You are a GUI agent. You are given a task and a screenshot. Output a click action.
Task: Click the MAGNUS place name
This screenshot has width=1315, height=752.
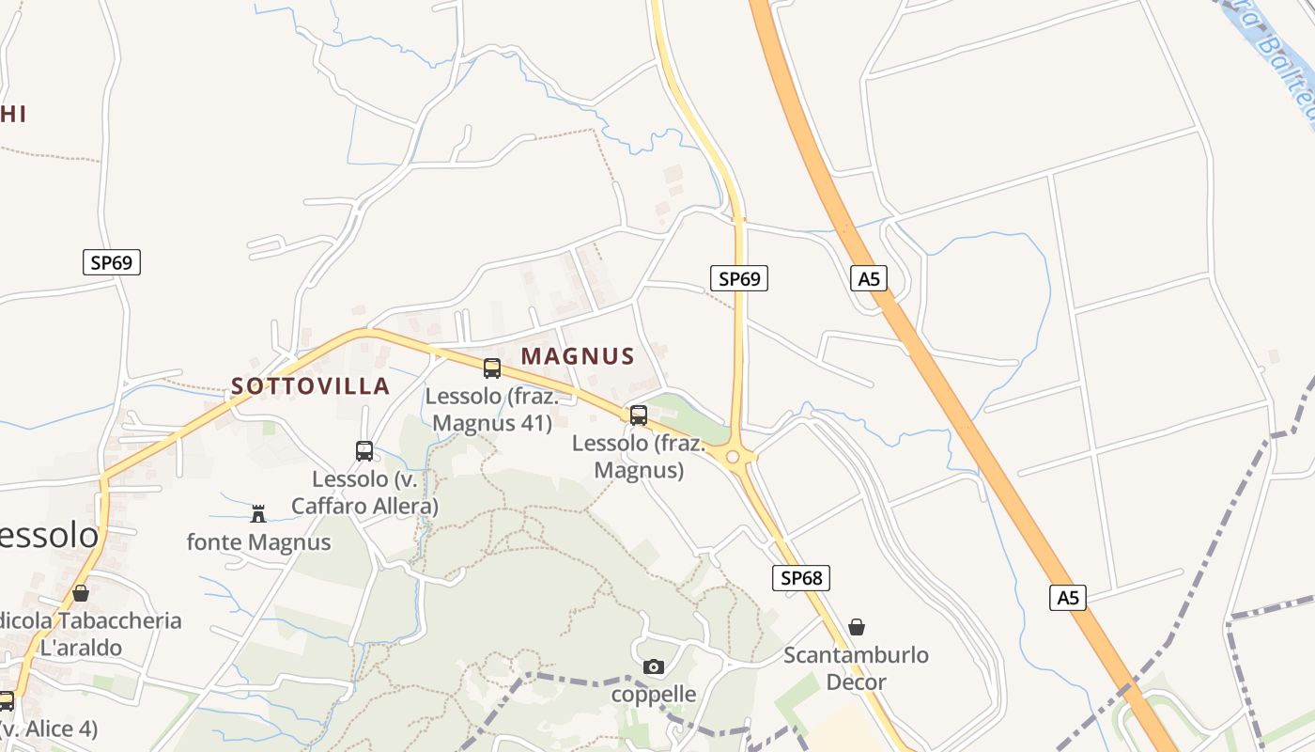pos(578,357)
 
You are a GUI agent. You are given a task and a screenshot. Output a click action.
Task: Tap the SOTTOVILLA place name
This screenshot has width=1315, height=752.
pos(310,386)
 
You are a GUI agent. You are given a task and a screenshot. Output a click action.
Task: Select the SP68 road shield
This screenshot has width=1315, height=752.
pos(801,578)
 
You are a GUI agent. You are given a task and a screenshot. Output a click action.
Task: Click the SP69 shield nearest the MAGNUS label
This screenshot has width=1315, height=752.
pos(738,278)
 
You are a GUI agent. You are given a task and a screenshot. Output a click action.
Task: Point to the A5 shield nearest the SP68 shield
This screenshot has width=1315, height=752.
pos(1067,598)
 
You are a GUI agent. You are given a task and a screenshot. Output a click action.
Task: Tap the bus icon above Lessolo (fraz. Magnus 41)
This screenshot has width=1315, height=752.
pos(491,368)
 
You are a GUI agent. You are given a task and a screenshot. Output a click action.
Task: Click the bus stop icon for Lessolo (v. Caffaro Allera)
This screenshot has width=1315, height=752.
pos(364,451)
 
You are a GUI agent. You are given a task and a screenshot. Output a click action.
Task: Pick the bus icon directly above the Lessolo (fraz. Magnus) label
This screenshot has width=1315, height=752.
pos(639,415)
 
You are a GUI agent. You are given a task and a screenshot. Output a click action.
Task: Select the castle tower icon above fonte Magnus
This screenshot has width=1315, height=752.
pos(258,513)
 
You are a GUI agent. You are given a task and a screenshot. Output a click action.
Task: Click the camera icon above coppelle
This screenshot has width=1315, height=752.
pos(654,667)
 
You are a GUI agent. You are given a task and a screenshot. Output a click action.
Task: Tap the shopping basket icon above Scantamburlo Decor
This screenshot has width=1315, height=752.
pos(857,627)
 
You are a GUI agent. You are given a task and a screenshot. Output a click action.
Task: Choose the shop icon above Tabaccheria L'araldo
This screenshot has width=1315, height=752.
pos(81,593)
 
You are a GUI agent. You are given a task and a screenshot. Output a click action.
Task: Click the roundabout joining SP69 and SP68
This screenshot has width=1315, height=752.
pos(733,458)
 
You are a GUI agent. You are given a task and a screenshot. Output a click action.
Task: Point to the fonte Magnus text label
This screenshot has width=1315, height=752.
pos(258,542)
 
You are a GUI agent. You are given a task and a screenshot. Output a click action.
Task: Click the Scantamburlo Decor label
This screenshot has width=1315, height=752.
pos(856,668)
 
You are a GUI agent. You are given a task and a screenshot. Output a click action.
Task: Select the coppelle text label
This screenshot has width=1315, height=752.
pos(654,695)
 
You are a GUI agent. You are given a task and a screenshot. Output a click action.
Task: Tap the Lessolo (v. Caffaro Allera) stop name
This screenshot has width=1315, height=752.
pos(364,493)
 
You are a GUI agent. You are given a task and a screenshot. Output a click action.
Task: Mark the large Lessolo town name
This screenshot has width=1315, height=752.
pos(47,536)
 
